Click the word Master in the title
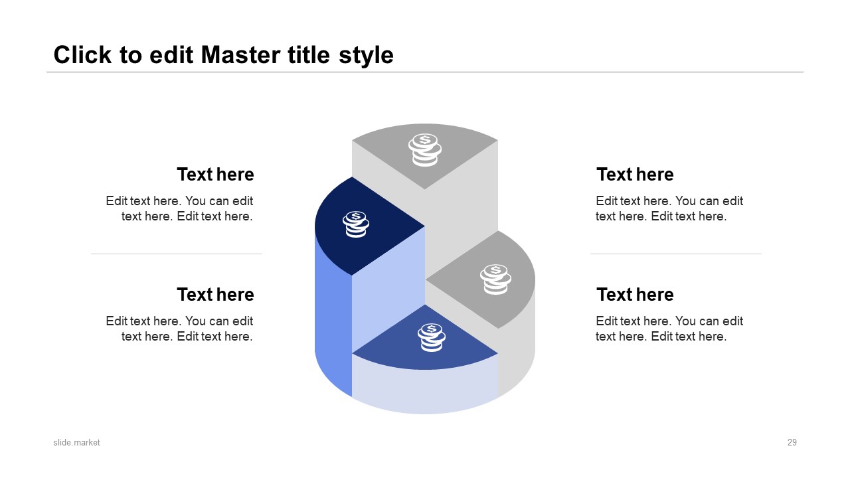(x=240, y=55)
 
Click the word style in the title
(x=366, y=56)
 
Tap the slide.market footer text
(x=76, y=442)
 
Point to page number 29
(x=792, y=442)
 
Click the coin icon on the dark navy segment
(x=355, y=224)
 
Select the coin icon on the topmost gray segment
(x=424, y=150)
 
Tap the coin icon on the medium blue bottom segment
(x=432, y=337)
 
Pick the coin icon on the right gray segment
(x=495, y=279)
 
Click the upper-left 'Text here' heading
(x=215, y=175)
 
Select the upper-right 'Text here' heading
(x=635, y=175)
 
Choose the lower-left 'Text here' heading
(x=215, y=294)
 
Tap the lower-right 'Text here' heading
(x=635, y=294)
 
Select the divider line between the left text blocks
(x=177, y=254)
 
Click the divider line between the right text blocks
(x=676, y=254)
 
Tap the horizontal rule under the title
(x=425, y=72)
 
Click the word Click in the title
(x=82, y=55)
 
